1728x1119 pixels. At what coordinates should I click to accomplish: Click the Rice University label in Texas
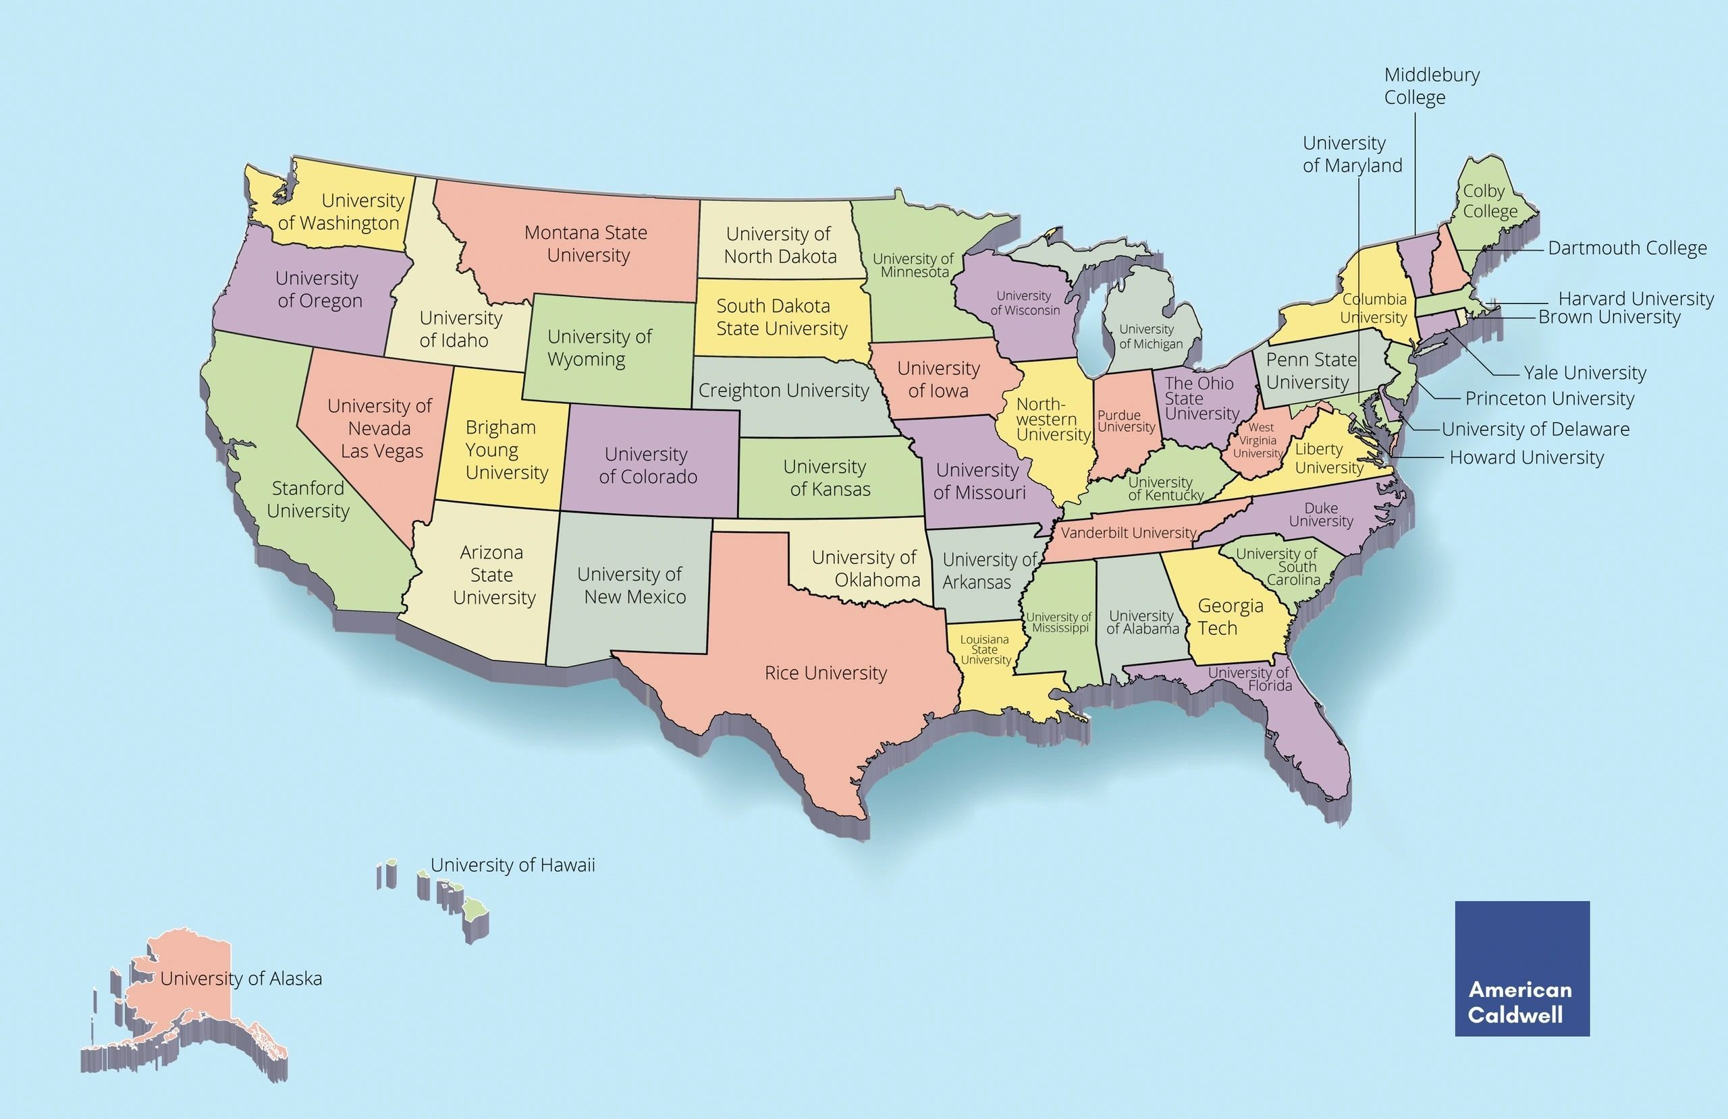(826, 672)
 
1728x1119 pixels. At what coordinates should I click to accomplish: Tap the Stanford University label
(308, 499)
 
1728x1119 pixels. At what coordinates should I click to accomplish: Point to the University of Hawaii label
(512, 865)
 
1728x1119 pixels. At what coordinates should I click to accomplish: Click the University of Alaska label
(241, 978)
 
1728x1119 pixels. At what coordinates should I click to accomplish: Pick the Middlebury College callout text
(1431, 86)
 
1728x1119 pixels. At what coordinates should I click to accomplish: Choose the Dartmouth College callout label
(1627, 248)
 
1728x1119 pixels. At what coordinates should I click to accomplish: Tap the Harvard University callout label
(1636, 298)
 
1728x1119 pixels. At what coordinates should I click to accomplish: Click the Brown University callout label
(1609, 317)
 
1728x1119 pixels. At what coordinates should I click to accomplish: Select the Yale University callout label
(1585, 373)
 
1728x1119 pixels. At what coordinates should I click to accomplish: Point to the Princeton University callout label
(1549, 399)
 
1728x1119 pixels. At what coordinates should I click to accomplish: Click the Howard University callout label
(1526, 458)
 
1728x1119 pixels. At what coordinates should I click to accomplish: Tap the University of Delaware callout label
(1535, 429)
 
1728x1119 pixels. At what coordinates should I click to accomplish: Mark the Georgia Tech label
(1230, 616)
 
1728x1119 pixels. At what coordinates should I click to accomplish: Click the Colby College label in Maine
(1490, 201)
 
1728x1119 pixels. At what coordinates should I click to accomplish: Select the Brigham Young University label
(506, 450)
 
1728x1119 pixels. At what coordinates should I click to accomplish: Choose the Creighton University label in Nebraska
(784, 391)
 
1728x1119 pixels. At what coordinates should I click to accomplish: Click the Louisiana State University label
(986, 650)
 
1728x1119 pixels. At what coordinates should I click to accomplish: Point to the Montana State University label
(587, 243)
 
